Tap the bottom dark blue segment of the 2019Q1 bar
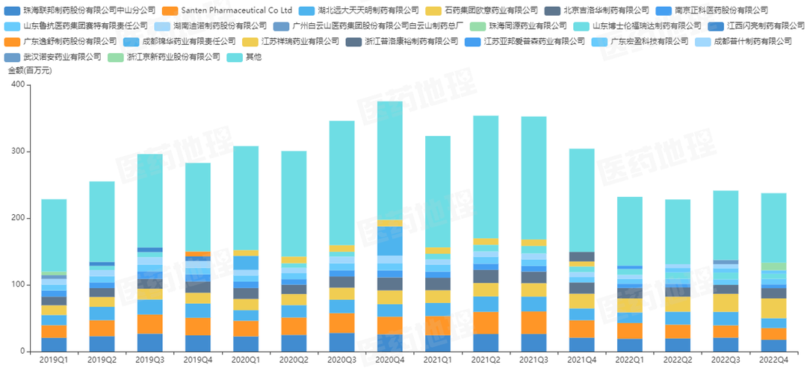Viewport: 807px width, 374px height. click(x=54, y=344)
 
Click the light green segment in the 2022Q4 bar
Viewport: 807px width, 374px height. click(x=773, y=266)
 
